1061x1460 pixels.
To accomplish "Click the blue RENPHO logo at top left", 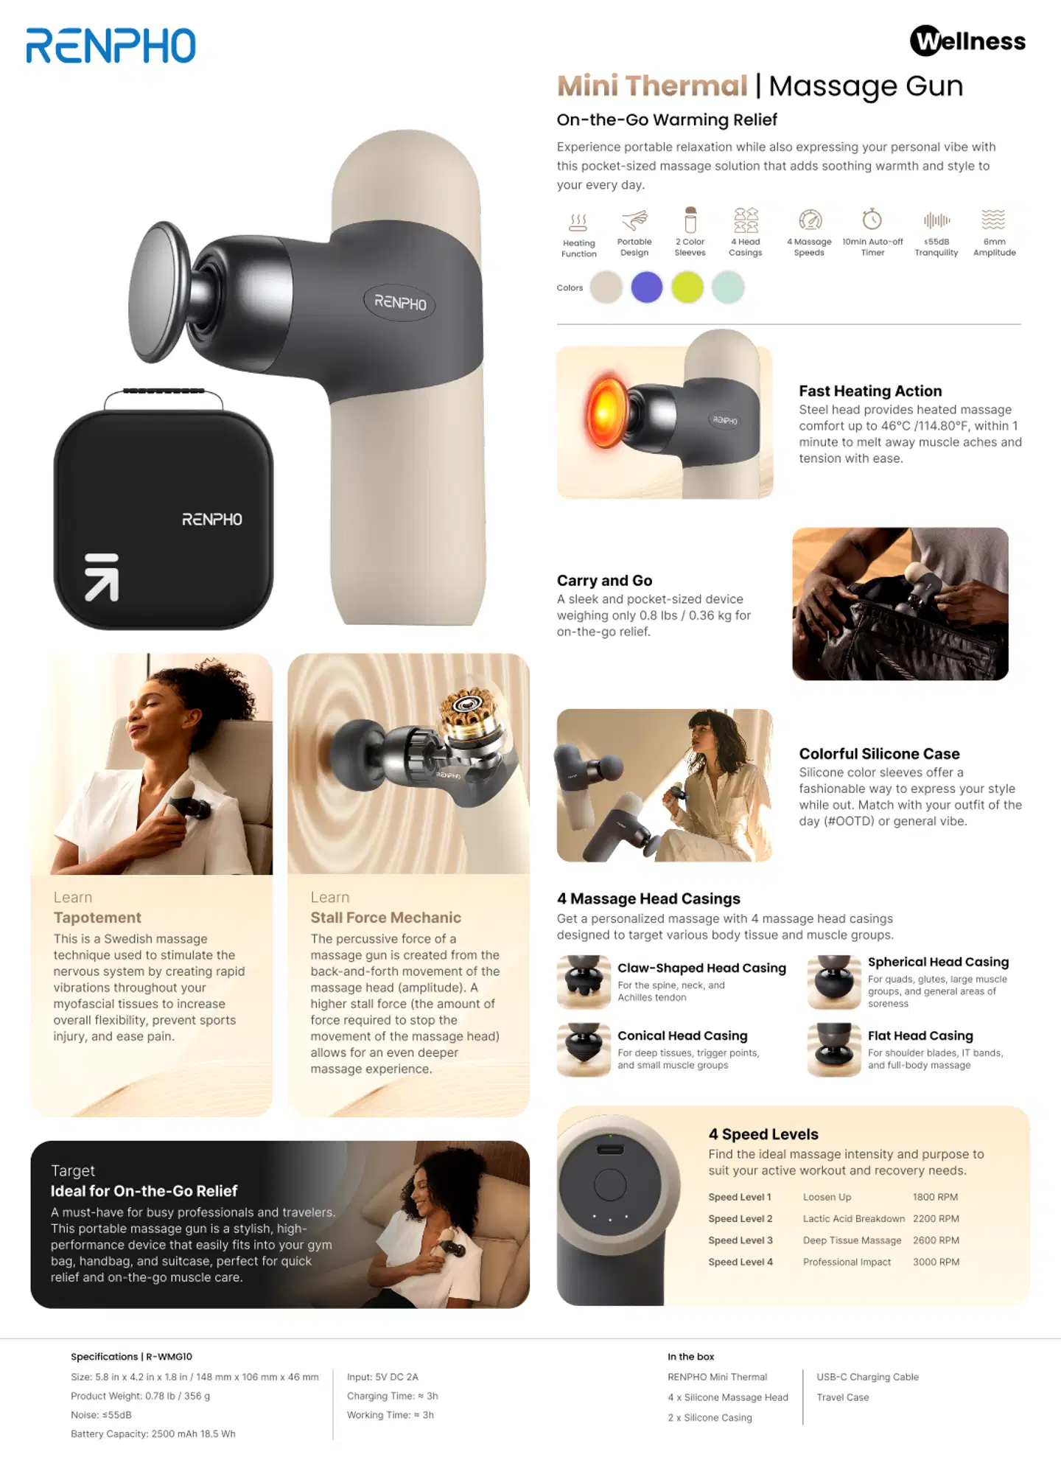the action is pos(111,46).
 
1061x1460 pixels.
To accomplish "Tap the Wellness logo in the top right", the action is pos(967,41).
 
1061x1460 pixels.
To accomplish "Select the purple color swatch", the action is pos(647,287).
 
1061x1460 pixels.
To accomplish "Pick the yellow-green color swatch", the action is pos(687,287).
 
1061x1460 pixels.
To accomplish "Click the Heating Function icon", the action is pos(578,222).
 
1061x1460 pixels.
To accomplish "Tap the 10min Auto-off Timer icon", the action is pos(872,219).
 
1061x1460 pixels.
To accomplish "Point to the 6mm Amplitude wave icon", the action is pos(993,219).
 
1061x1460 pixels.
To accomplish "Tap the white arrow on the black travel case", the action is pos(102,577).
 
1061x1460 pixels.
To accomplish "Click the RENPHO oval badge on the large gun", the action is pos(400,302).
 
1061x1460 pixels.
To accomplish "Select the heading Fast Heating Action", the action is pos(870,391).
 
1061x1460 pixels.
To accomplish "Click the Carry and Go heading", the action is pos(604,580).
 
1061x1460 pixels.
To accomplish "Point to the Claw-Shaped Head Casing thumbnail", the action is pos(584,982).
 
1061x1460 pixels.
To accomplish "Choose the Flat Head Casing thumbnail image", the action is pos(834,1049).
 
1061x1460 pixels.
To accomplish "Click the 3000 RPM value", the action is pos(936,1262).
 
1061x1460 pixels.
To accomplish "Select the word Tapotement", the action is pos(97,918).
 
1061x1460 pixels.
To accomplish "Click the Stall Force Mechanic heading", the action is pos(385,918).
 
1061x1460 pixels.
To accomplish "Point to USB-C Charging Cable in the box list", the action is pos(867,1377).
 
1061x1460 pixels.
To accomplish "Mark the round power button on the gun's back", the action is pos(610,1186).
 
